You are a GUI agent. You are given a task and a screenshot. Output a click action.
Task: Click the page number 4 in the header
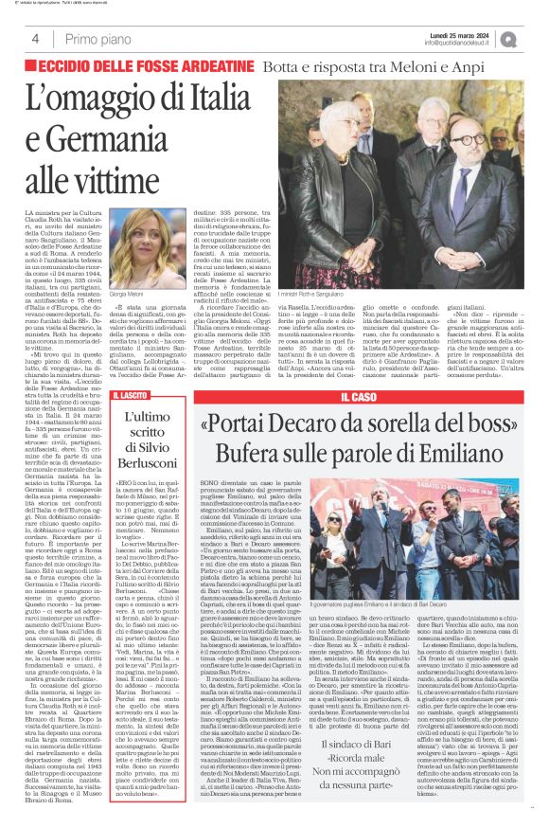pos(34,39)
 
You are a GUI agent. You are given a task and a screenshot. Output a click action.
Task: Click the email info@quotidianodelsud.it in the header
pos(461,44)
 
